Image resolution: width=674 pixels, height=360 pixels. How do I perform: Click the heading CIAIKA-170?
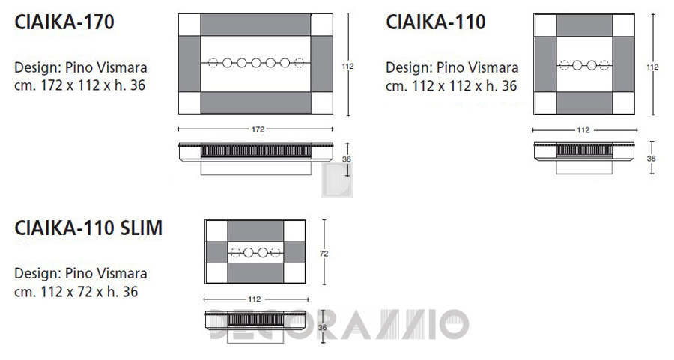pos(64,22)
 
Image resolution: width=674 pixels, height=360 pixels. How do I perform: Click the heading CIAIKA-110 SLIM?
pos(88,228)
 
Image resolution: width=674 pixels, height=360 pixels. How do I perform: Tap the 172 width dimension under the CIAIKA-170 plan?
pos(258,129)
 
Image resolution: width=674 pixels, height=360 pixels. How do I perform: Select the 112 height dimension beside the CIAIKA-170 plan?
pos(347,66)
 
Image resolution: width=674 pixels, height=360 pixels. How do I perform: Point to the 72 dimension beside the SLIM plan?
pos(324,254)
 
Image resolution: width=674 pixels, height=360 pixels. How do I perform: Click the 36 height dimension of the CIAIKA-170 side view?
pos(347,159)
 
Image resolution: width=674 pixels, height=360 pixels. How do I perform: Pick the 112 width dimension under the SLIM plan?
pos(255,299)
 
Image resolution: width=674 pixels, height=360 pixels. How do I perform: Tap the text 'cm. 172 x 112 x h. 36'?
pos(79,85)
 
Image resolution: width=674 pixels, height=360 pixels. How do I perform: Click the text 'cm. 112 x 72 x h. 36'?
pos(76,292)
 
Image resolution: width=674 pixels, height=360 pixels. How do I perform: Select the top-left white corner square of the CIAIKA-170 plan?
pos(189,25)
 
